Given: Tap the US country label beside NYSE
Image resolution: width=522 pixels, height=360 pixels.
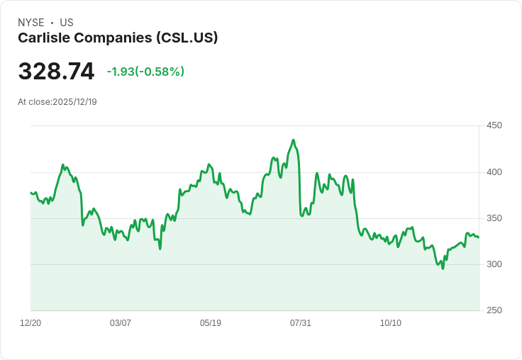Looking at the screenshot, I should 67,23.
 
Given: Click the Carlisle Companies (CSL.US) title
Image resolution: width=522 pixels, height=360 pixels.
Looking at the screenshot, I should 118,38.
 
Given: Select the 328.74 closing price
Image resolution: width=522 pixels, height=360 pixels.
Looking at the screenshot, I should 56,72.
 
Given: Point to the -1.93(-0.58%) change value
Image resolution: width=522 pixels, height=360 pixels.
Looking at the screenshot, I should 145,72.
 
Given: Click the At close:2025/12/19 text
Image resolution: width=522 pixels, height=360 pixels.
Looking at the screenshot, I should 57,102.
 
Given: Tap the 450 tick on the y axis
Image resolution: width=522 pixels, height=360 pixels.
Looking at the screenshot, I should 494,125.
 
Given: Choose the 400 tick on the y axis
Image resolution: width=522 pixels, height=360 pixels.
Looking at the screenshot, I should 494,172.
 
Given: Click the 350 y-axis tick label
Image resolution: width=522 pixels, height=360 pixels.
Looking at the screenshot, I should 494,218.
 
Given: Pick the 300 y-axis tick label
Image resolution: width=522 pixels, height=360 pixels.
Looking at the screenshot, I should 494,264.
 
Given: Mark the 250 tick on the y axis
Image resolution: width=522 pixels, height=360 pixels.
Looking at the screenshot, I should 494,310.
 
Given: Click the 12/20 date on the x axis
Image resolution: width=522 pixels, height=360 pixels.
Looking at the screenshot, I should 30,323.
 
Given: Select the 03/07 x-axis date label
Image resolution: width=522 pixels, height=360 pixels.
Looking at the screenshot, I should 121,323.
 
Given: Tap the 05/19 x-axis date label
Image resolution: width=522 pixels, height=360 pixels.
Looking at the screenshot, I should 211,323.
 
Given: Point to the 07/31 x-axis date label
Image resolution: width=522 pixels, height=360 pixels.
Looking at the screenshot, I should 301,323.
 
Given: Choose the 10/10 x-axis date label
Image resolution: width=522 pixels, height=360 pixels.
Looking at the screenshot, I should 391,323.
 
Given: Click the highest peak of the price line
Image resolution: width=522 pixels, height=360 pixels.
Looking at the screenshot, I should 294,140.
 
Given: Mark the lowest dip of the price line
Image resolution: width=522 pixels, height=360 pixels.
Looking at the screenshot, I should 443,269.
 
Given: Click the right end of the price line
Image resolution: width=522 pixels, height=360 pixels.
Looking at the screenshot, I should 479,237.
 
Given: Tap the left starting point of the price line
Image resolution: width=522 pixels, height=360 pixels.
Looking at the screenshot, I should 30,193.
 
